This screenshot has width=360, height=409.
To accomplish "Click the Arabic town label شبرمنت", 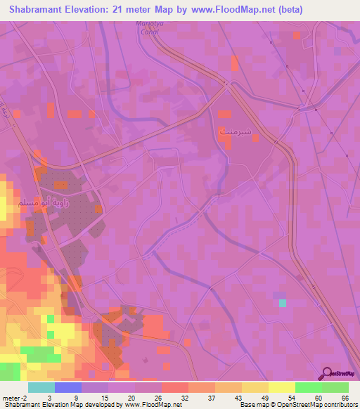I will tap(233, 131).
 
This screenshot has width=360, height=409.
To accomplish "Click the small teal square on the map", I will tap(283, 303).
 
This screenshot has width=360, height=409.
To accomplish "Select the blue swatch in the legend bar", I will tap(67, 387).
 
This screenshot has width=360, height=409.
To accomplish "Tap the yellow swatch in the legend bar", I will tap(281, 387).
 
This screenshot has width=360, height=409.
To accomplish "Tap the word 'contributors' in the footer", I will tap(339, 405).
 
